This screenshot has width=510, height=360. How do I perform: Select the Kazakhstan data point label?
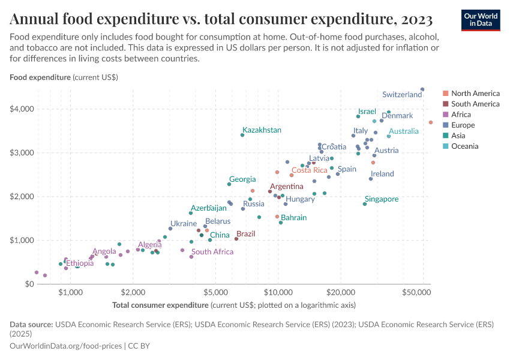pos(262,130)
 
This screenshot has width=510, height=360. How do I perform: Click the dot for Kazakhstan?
pos(242,135)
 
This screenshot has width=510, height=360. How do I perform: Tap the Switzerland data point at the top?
pos(422,89)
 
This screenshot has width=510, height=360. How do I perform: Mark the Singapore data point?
pos(365,204)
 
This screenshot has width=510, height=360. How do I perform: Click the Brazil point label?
pos(246,234)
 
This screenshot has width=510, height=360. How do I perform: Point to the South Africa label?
pos(212,252)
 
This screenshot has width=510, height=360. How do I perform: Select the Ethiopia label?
pos(79,263)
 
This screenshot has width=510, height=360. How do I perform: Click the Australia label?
pos(404,131)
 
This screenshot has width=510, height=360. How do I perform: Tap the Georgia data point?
pos(229,184)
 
